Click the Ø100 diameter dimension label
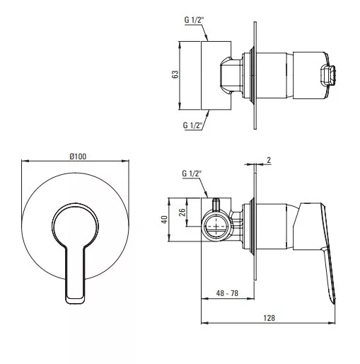[x=78, y=157]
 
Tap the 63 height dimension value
[x=175, y=74]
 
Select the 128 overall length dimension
[x=269, y=318]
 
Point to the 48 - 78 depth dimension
[x=227, y=293]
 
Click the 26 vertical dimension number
[x=182, y=212]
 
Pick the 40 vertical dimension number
[x=164, y=220]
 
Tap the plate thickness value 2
[x=269, y=160]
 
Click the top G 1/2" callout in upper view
[x=194, y=20]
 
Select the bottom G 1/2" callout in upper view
[x=192, y=125]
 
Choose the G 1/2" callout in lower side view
[x=192, y=174]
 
